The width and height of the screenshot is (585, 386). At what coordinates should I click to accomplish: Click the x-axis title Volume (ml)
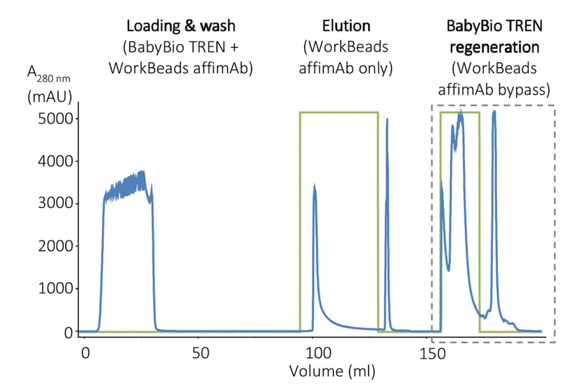332,370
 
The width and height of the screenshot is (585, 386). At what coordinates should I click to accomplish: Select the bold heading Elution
346,27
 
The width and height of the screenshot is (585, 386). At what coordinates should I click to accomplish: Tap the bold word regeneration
494,48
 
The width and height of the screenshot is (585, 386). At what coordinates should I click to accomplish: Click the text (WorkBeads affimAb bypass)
494,79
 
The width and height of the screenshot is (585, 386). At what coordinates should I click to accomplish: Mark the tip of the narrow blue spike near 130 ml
388,119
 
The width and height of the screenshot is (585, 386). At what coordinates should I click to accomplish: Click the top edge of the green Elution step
338,112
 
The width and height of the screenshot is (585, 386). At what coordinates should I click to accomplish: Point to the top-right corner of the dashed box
555,106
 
